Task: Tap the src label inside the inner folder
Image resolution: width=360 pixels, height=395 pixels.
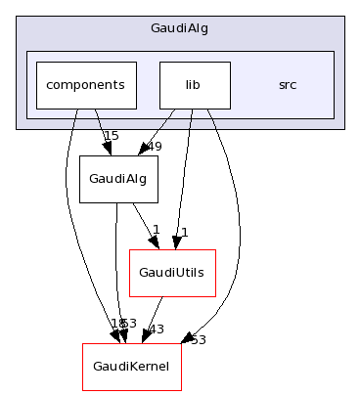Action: [x=287, y=85]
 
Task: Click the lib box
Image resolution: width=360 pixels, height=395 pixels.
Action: [x=194, y=85]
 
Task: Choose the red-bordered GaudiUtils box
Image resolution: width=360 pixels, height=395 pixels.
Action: [x=172, y=273]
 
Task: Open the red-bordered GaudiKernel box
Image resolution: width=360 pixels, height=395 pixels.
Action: [x=131, y=367]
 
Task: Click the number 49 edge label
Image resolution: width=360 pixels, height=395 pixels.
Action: [x=154, y=148]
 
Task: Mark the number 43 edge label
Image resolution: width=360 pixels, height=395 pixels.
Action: [x=155, y=329]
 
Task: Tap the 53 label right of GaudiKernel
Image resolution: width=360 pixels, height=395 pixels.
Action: [x=198, y=339]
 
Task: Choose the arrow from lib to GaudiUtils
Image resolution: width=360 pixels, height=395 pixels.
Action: [x=184, y=176]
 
